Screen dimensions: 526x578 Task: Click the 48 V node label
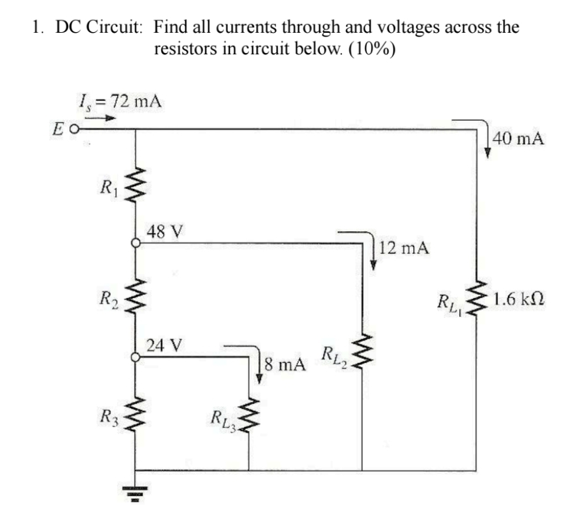[x=165, y=232]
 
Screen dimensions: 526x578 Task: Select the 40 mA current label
[x=520, y=140]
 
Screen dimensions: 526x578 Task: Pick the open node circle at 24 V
[x=136, y=357]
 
